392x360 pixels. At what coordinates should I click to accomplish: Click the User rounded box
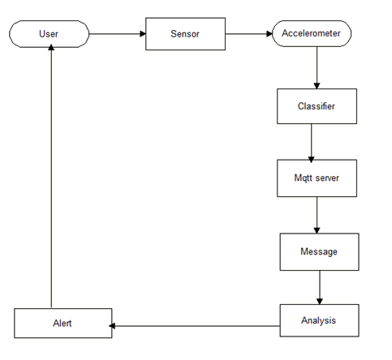click(49, 34)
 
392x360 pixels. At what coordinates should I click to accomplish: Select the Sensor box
click(185, 34)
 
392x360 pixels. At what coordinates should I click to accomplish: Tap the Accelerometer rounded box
click(312, 33)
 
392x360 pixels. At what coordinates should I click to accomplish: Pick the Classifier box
click(317, 106)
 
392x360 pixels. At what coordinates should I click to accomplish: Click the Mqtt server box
click(317, 178)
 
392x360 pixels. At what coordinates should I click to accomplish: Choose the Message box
click(320, 252)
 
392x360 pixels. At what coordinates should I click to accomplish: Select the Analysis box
click(320, 320)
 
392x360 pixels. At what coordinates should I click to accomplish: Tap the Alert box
click(63, 324)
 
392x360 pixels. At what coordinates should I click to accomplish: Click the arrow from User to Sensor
click(118, 34)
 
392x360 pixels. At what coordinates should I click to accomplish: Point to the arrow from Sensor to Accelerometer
click(249, 34)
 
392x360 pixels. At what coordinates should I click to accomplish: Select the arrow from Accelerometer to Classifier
click(317, 68)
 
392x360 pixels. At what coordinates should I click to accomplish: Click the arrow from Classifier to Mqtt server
click(311, 143)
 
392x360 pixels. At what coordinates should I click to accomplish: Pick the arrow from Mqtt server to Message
click(317, 215)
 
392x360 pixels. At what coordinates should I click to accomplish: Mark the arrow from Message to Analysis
click(320, 288)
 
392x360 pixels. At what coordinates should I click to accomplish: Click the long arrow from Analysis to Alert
click(195, 326)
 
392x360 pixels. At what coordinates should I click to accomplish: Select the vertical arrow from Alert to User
click(51, 176)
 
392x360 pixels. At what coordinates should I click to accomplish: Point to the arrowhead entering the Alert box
click(112, 326)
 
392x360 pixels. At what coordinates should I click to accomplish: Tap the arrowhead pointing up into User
click(51, 47)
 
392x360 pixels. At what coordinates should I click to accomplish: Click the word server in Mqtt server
click(327, 178)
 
